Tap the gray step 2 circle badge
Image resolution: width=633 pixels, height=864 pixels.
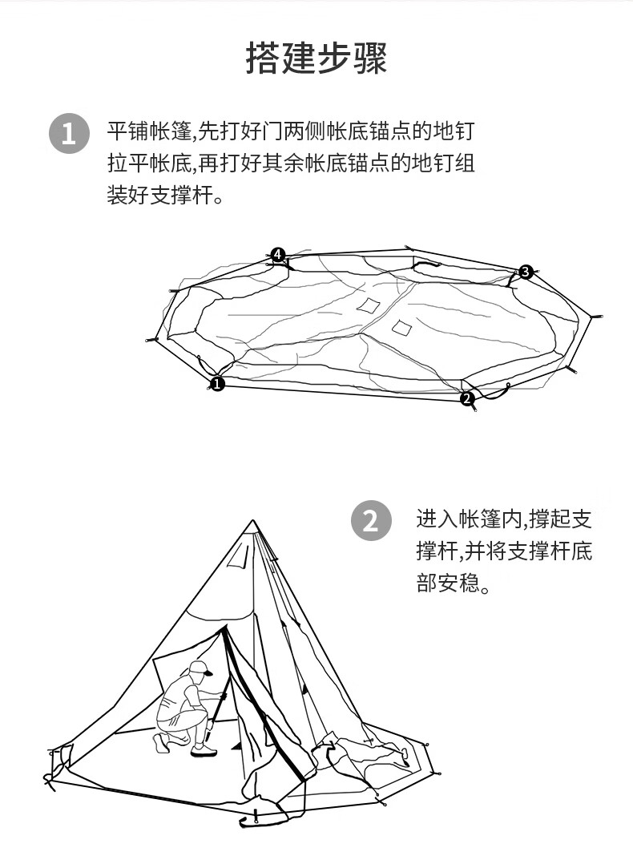pos(371,521)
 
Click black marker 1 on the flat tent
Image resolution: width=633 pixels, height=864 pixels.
pos(217,385)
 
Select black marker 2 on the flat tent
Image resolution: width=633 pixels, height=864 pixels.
pos(468,398)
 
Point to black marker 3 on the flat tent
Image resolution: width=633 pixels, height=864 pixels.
pos(525,272)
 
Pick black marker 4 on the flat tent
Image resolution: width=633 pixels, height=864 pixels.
pos(277,255)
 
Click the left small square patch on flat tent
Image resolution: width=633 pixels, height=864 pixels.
pos(368,305)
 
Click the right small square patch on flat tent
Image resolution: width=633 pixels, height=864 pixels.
pos(401,326)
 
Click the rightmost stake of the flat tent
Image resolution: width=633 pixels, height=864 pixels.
pos(595,317)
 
